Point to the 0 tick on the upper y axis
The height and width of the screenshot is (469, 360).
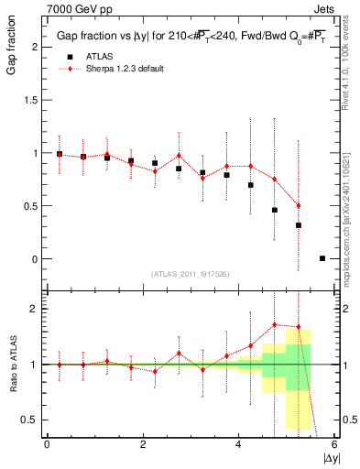[x=34, y=259]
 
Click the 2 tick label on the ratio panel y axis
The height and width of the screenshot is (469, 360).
[x=34, y=310]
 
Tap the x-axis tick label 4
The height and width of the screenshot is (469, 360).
[x=239, y=445]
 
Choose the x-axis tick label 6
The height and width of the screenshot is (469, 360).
[x=334, y=445]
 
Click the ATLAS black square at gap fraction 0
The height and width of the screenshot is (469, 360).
[x=322, y=258]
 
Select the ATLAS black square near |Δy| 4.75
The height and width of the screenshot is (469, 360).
[x=275, y=210]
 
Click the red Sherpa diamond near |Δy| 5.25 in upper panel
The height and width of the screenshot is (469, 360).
[x=299, y=206]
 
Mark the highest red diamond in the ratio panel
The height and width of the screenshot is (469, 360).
[x=275, y=324]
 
